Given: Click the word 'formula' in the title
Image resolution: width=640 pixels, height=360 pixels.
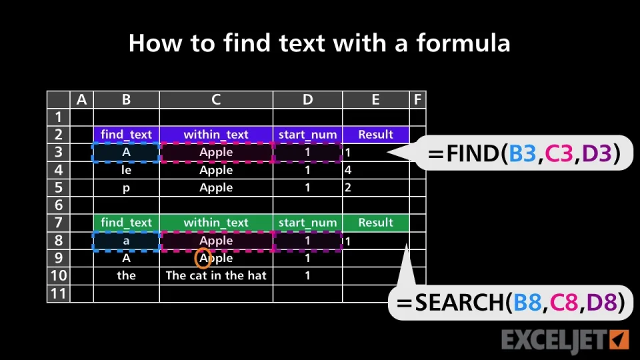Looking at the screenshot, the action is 463,43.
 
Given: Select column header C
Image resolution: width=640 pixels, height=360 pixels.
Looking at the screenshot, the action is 216,99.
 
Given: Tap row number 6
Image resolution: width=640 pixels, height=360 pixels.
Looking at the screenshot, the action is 59,205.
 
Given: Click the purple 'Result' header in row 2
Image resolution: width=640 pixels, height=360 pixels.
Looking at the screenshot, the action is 375,134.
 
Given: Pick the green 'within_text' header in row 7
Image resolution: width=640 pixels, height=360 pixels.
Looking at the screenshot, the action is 216,223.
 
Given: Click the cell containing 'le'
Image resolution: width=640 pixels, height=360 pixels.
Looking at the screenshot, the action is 126,170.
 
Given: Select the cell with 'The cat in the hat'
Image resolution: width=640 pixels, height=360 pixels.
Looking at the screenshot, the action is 216,275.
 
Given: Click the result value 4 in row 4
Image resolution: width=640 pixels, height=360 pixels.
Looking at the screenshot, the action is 348,170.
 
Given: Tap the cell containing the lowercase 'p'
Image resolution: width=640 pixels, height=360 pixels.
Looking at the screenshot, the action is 126,188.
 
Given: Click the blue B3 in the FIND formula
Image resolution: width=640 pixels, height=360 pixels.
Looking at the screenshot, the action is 521,153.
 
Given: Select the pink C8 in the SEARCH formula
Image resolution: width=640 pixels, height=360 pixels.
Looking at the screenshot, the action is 564,303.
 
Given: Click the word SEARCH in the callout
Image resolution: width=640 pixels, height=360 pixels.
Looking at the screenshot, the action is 459,303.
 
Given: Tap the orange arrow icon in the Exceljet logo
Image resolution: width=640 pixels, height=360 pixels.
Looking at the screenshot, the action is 619,339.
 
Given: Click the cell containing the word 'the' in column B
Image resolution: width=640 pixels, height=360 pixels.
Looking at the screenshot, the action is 126,275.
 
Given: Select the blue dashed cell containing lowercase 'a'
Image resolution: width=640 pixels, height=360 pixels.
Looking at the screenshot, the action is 126,241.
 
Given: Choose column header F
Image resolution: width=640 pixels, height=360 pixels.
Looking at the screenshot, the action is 417,99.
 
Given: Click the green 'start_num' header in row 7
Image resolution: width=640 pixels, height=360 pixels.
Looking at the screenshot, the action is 308,223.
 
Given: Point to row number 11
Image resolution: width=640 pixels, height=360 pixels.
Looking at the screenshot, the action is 59,293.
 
